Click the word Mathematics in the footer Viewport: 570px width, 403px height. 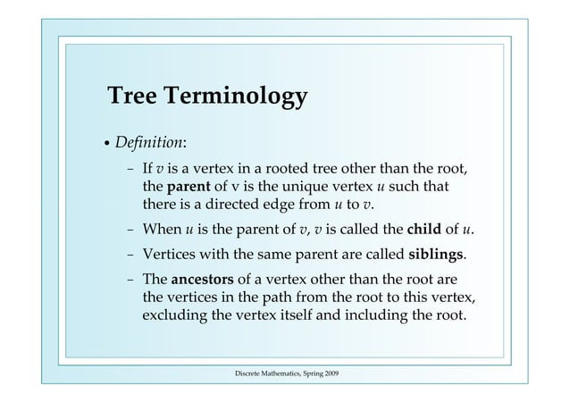click(273, 371)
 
